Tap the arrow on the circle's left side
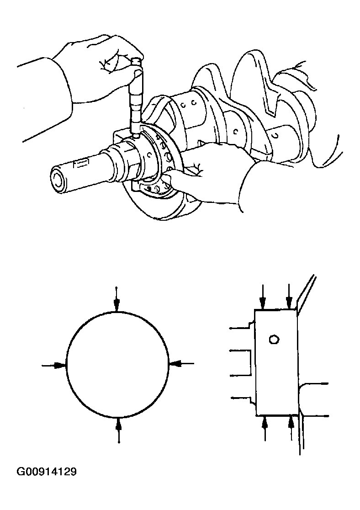[x=55, y=365]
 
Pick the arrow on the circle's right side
[x=180, y=363]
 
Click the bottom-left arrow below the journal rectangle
[x=265, y=428]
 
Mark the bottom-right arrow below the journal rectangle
[x=291, y=427]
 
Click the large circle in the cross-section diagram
[x=117, y=364]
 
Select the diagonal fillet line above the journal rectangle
[x=306, y=292]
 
